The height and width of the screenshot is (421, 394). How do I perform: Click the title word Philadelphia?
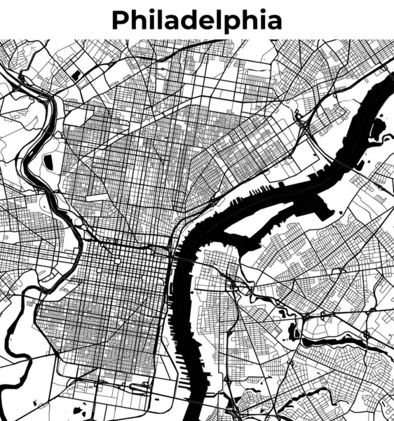pos(197,20)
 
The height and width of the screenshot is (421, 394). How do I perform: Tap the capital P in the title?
pos(120,20)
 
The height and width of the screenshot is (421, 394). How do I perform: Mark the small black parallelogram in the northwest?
pos(75,73)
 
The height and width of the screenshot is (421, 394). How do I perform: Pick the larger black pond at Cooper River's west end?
pos(294,329)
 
